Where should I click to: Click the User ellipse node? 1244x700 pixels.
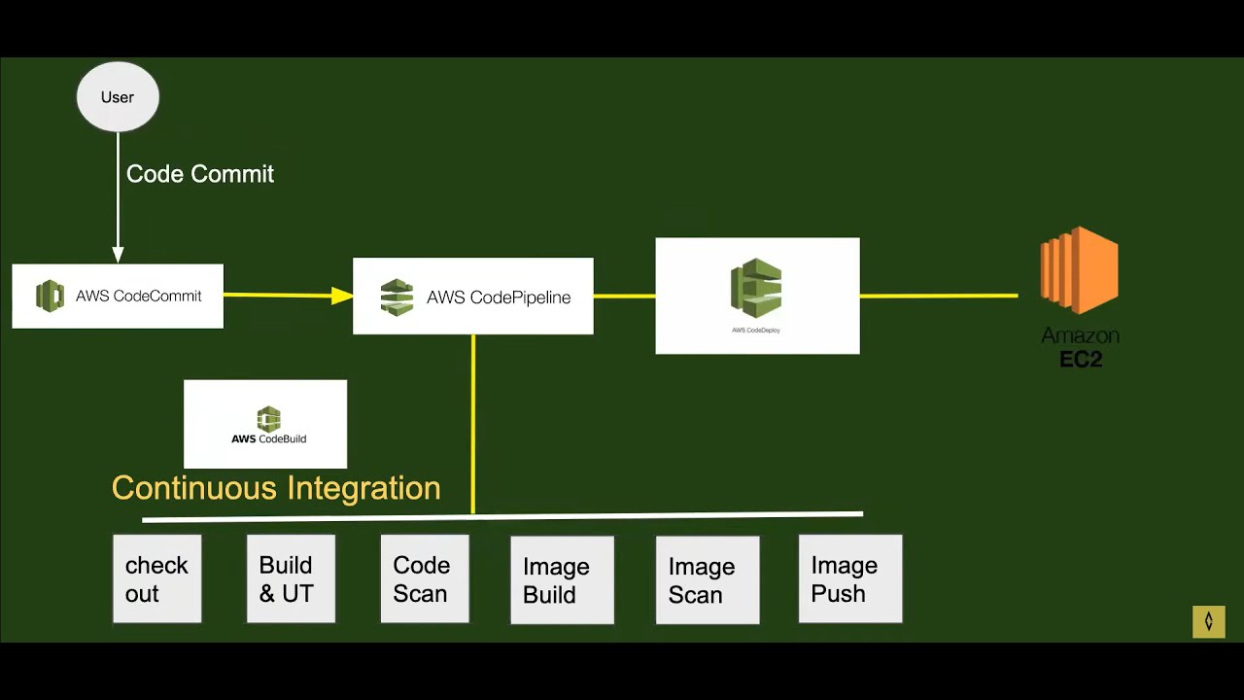[118, 97]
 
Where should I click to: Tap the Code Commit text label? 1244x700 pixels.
[200, 174]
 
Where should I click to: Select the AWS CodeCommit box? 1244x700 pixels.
[118, 296]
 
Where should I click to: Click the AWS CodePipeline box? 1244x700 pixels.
[472, 297]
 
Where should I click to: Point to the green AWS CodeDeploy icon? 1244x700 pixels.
[756, 289]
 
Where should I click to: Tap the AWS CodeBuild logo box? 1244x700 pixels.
[265, 424]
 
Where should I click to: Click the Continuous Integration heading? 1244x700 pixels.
[276, 488]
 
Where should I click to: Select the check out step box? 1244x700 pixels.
[156, 578]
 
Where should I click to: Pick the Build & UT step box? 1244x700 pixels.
[291, 578]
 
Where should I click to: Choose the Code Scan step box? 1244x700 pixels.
[425, 578]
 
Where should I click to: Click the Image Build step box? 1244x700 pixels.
[562, 580]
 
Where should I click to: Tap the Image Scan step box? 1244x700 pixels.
[708, 580]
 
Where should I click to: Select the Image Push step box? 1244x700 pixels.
[850, 578]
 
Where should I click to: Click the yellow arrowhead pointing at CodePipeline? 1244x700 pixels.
[342, 296]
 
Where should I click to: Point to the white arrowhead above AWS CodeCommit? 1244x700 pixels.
[118, 255]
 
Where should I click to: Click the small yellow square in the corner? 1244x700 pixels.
[1209, 621]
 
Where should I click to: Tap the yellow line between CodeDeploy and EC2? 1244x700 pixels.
[939, 296]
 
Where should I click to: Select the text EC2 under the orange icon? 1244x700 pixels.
[1081, 360]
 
